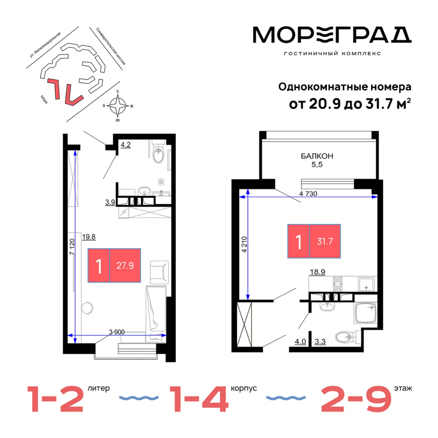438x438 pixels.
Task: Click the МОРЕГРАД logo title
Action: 332,35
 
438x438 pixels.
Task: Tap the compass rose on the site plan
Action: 118,106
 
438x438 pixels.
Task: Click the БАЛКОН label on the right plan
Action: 317,156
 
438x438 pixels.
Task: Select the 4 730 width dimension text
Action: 308,194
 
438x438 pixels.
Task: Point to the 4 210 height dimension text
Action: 244,244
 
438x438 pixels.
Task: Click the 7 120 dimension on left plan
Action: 72,247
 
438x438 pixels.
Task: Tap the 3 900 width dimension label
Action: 117,332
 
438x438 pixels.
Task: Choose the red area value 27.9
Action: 125,265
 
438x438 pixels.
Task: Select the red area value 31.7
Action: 325,241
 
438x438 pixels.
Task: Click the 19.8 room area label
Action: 89,237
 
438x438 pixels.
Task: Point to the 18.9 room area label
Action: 317,272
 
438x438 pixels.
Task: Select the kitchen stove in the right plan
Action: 337,284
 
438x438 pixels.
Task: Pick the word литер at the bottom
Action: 99,388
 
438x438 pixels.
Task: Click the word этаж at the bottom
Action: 403,388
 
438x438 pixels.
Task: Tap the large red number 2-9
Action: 356,399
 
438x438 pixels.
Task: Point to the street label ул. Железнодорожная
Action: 45,45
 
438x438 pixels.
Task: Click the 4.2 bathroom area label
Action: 125,145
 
